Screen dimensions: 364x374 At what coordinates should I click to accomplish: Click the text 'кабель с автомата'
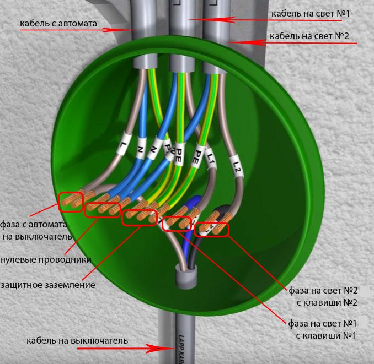point(58,24)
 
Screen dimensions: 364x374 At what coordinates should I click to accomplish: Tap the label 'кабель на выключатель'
point(77,340)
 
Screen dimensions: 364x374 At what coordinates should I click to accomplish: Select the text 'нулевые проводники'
point(46,259)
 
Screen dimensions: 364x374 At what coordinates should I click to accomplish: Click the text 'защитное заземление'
point(48,285)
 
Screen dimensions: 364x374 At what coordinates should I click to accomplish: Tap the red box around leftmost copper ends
point(71,202)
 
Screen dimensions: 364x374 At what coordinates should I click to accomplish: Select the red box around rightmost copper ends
point(211,227)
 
